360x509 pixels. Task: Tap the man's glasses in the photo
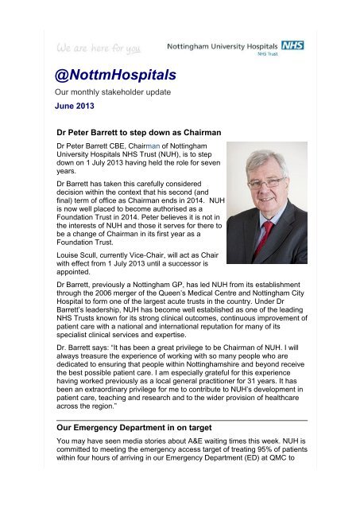pos(262,182)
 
